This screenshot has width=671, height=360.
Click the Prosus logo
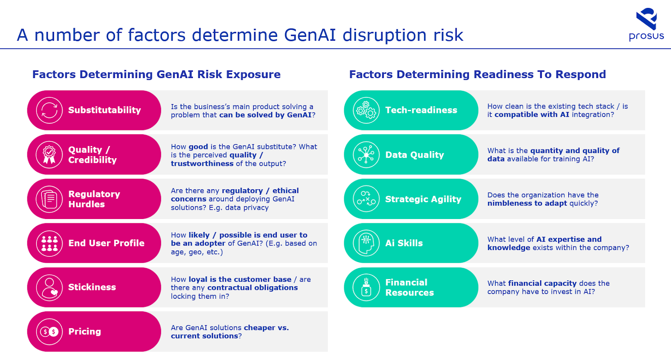(x=646, y=24)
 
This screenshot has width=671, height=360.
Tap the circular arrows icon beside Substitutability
(x=49, y=110)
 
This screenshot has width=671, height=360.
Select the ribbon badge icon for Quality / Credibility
(x=49, y=155)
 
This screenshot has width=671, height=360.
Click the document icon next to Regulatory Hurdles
(x=49, y=199)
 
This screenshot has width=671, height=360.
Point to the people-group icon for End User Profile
(x=49, y=243)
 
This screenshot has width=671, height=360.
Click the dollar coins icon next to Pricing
(x=49, y=332)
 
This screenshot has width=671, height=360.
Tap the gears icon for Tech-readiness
(x=366, y=110)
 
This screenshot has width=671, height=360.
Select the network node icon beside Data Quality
(x=366, y=155)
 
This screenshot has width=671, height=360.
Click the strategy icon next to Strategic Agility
(x=366, y=199)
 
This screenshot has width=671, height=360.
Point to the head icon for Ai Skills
(x=366, y=243)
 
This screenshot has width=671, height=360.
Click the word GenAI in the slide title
(x=310, y=35)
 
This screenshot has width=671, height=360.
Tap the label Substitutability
(x=104, y=110)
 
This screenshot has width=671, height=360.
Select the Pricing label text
(x=84, y=331)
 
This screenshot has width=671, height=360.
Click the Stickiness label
(x=92, y=287)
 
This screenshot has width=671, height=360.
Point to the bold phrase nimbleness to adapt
(x=527, y=203)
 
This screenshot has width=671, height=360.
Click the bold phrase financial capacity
(x=542, y=283)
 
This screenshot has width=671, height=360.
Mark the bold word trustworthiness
(x=202, y=163)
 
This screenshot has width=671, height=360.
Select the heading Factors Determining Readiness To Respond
(x=478, y=74)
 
